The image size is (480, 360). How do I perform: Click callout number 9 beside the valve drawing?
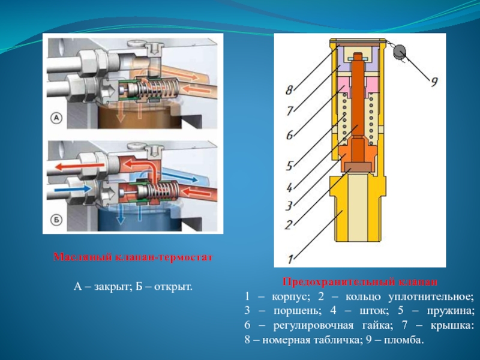pos(433,82)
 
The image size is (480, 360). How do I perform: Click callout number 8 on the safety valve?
pos(289,91)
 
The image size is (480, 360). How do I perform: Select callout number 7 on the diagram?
pos(289,111)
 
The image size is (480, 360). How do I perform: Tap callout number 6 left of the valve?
pos(289,135)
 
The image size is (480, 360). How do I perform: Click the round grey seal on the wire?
pos(398,52)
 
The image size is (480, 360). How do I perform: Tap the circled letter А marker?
pos(56,119)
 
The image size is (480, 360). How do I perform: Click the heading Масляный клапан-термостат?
pos(133,257)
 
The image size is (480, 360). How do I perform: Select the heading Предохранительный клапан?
pos(360,281)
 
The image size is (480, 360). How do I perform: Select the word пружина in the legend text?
pos(452,311)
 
